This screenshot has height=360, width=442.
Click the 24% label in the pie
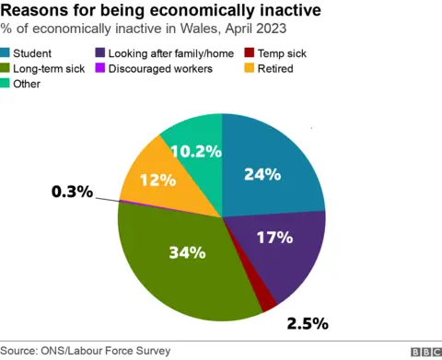point(262,174)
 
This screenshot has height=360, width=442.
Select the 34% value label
point(187,252)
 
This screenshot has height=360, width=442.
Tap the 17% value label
point(274,238)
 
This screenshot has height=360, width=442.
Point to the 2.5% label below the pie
point(307,323)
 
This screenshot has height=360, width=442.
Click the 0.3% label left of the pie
point(72,192)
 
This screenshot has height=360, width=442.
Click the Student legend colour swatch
point(7,54)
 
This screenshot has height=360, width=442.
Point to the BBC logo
point(425,352)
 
